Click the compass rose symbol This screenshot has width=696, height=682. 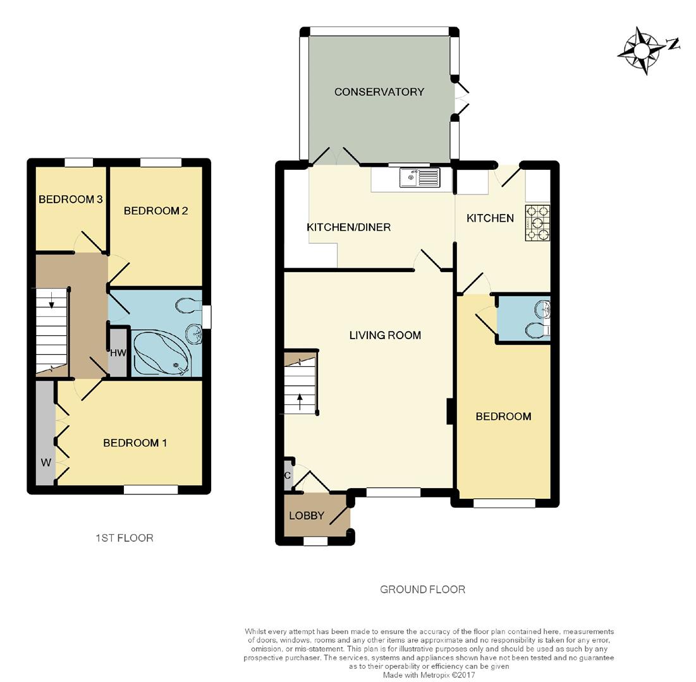[644, 49]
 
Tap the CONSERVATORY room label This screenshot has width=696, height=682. [379, 92]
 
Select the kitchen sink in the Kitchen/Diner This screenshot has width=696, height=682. [418, 177]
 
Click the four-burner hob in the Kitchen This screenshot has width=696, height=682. [537, 223]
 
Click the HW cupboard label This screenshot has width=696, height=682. [118, 354]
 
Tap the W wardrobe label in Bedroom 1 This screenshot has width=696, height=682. [46, 463]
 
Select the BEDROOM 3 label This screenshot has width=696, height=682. [70, 200]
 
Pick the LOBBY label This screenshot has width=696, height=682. [307, 516]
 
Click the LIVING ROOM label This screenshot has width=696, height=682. [385, 335]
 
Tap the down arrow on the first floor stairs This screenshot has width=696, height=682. [52, 305]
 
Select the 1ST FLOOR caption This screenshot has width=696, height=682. [124, 538]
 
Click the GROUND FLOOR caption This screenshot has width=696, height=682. [422, 590]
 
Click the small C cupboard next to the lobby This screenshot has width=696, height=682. [288, 476]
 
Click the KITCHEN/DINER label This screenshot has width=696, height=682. [348, 227]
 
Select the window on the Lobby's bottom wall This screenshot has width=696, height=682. [315, 541]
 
